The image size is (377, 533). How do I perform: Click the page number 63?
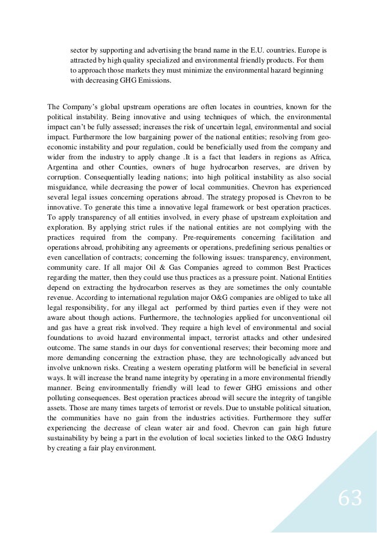(349, 499)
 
